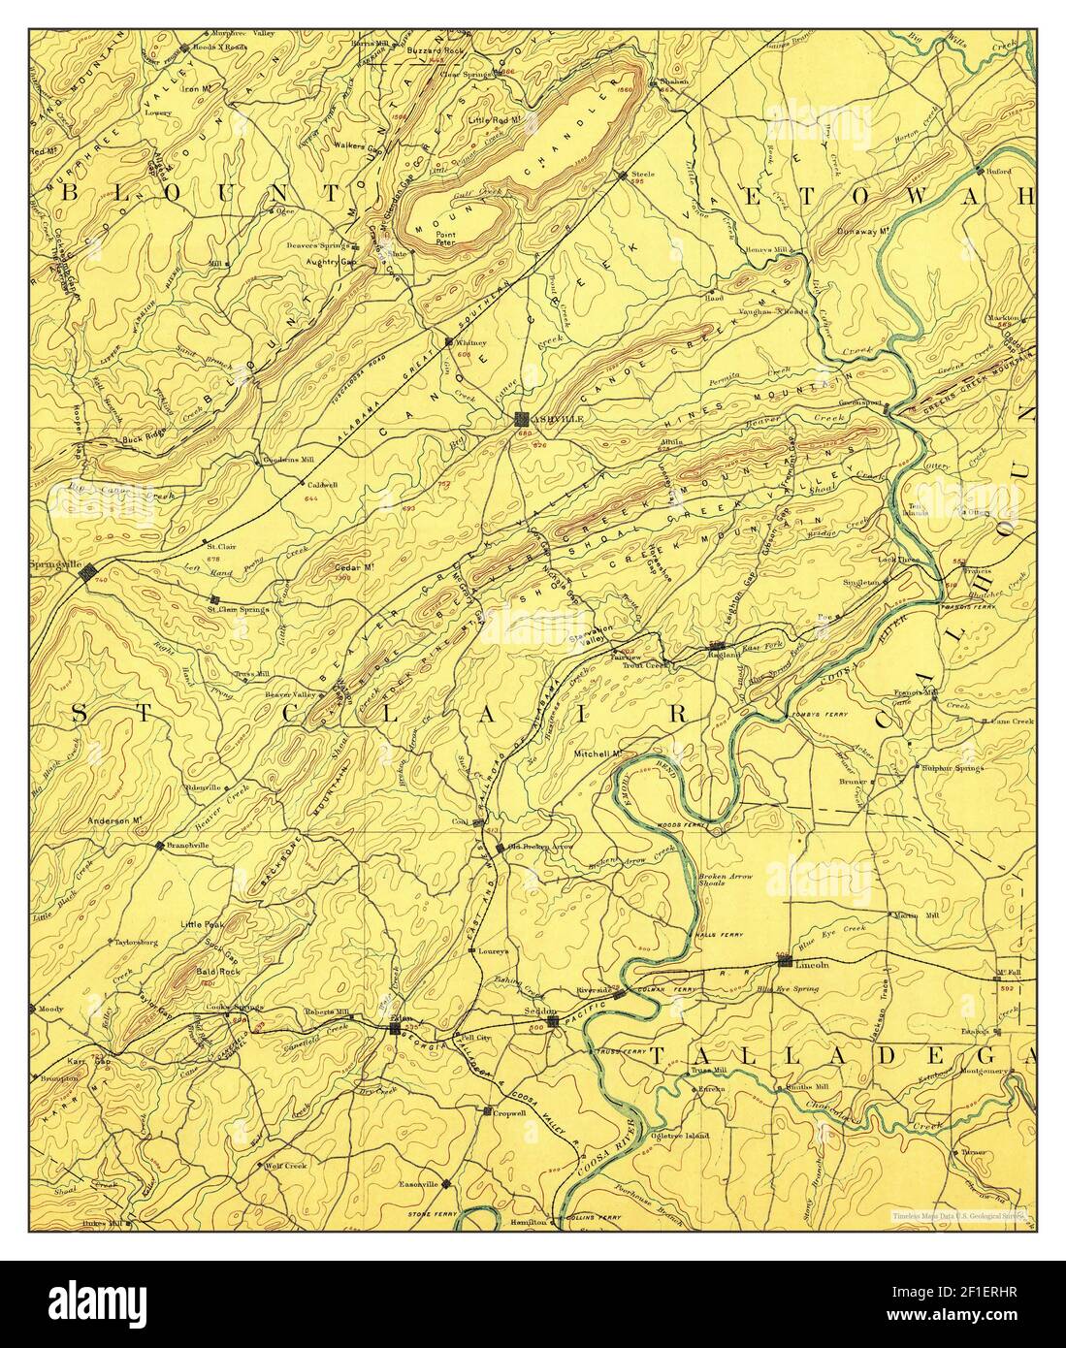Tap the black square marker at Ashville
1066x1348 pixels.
522,419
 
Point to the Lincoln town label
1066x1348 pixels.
809,964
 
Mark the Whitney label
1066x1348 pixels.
470,342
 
